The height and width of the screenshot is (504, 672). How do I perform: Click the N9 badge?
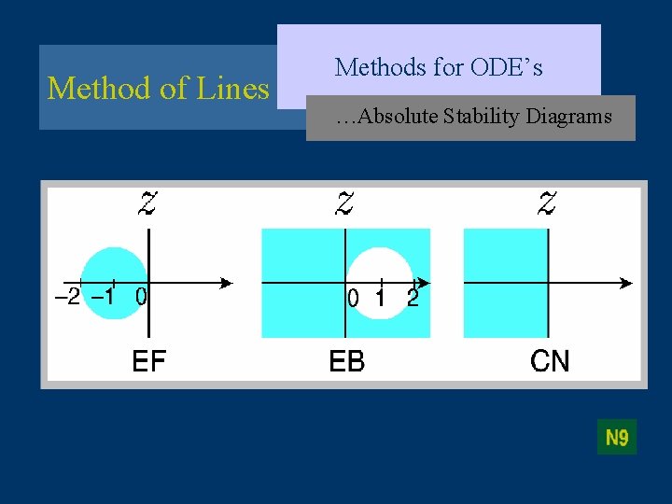coord(617,437)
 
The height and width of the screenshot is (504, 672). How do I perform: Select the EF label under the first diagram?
coord(149,360)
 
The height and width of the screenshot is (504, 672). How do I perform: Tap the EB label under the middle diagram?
coord(347,360)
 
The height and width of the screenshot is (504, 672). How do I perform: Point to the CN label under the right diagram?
coord(549,360)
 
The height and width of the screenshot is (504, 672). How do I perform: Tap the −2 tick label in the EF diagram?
coord(67,298)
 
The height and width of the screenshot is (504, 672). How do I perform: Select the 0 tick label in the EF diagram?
coord(140,298)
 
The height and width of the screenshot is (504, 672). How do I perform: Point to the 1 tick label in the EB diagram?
coord(381,299)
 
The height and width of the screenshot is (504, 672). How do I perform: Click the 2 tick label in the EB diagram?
coord(413,299)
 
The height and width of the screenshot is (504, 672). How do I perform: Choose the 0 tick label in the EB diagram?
coord(353,299)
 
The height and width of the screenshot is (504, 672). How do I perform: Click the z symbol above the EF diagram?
coord(147,203)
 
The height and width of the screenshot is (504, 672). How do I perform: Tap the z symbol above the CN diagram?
coord(547,203)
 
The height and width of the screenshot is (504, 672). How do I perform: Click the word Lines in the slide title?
coord(232,88)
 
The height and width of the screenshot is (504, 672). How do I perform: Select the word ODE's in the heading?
coord(507,67)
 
